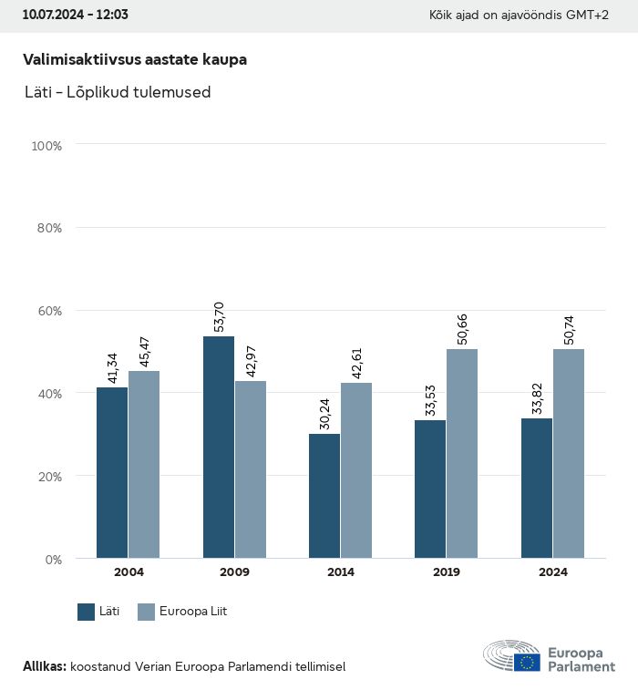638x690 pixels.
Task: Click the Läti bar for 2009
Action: [219, 447]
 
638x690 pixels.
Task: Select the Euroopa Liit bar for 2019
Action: [462, 453]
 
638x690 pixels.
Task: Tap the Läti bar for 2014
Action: [324, 496]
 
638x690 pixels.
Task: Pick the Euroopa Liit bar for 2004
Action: [144, 464]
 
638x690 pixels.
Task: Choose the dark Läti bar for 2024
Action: [537, 489]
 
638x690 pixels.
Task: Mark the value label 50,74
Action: [569, 329]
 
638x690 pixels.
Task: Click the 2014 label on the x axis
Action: [341, 572]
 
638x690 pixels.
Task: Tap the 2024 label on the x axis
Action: [552, 572]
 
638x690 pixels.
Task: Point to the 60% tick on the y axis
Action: [46, 311]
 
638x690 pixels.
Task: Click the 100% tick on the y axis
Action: [45, 146]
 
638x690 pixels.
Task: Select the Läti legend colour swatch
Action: [87, 612]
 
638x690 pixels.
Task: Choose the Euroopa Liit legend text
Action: [193, 612]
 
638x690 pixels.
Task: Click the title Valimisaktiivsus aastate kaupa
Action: [135, 59]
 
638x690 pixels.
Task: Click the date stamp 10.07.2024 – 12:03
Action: [75, 15]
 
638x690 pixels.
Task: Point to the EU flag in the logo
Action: [527, 662]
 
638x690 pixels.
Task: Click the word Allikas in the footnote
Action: [44, 667]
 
